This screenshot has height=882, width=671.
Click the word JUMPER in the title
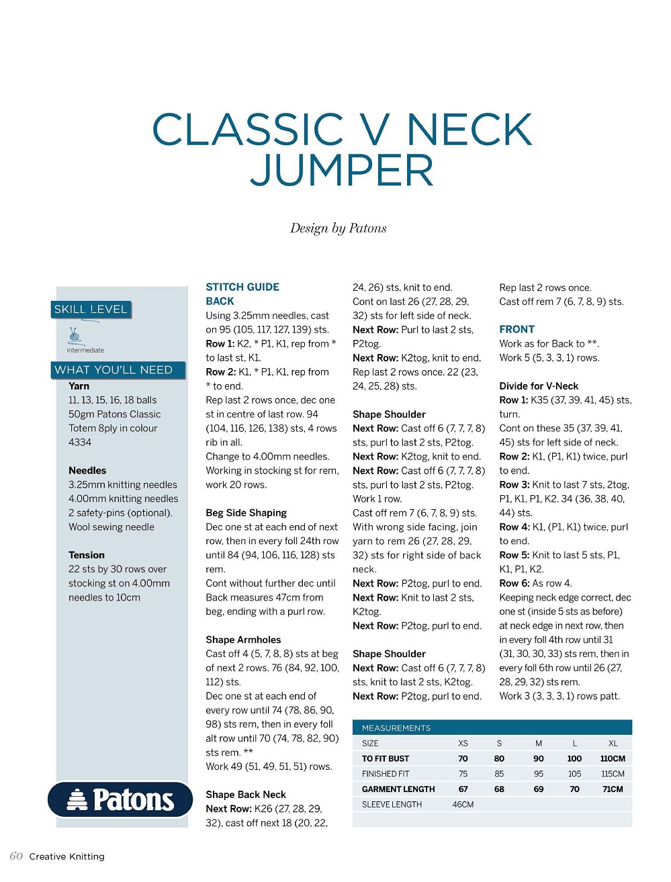pyautogui.click(x=342, y=171)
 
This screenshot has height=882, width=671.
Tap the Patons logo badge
pyautogui.click(x=121, y=799)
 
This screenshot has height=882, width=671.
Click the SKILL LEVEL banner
pyautogui.click(x=91, y=310)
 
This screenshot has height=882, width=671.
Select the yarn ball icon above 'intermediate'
pyautogui.click(x=75, y=335)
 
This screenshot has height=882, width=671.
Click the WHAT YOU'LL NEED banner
pyautogui.click(x=114, y=370)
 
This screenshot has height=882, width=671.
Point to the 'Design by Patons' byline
pyautogui.click(x=338, y=228)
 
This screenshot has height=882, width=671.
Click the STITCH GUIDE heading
pyautogui.click(x=242, y=287)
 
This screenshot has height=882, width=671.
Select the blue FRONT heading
pyautogui.click(x=517, y=329)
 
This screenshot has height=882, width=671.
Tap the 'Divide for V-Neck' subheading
pyautogui.click(x=539, y=386)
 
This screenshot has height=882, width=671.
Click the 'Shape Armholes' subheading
pyautogui.click(x=243, y=640)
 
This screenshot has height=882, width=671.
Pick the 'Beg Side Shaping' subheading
pyautogui.click(x=246, y=513)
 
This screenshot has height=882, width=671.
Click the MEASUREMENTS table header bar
pyautogui.click(x=492, y=727)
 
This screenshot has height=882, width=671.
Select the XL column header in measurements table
pyautogui.click(x=613, y=744)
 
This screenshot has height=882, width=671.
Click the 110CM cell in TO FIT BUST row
pyautogui.click(x=613, y=758)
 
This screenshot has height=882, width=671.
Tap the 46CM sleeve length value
pyautogui.click(x=463, y=804)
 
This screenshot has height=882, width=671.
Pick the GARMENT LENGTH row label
pyautogui.click(x=398, y=789)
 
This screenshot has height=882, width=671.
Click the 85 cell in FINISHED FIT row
pyautogui.click(x=499, y=774)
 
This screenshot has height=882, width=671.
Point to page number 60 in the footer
pyautogui.click(x=16, y=856)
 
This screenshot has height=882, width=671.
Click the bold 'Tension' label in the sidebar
pyautogui.click(x=87, y=555)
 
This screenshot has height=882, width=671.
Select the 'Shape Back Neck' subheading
pyautogui.click(x=246, y=794)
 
